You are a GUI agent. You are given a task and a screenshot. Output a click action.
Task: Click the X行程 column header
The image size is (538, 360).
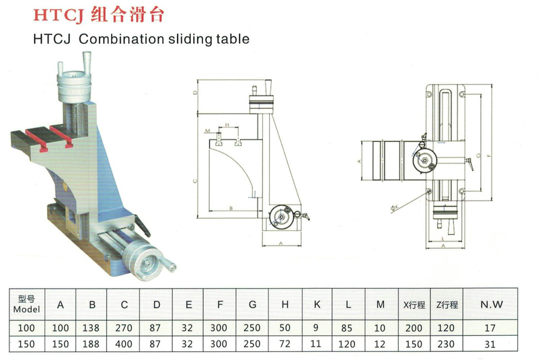pyautogui.click(x=414, y=305)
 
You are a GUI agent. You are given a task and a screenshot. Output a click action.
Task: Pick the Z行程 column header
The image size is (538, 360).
pyautogui.click(x=447, y=305)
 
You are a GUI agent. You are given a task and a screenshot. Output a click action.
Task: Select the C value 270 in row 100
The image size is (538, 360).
pyautogui.click(x=125, y=328)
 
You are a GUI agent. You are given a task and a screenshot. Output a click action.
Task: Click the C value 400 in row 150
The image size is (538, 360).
pyautogui.click(x=125, y=344)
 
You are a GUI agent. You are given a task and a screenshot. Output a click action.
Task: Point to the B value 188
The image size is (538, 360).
pyautogui.click(x=93, y=344)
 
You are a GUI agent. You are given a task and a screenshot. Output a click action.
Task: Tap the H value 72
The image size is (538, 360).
pyautogui.click(x=285, y=344)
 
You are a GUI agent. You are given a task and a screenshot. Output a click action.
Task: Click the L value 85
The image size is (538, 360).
pyautogui.click(x=348, y=328)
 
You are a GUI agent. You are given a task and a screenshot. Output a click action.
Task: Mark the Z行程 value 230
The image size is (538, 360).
pyautogui.click(x=447, y=344)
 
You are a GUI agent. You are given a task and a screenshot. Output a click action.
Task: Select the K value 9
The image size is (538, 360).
pyautogui.click(x=317, y=328)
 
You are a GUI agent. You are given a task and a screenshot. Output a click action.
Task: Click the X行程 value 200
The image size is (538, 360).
pyautogui.click(x=414, y=328)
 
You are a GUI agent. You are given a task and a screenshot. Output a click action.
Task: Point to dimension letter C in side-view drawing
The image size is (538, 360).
pyautogui.click(x=195, y=180)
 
